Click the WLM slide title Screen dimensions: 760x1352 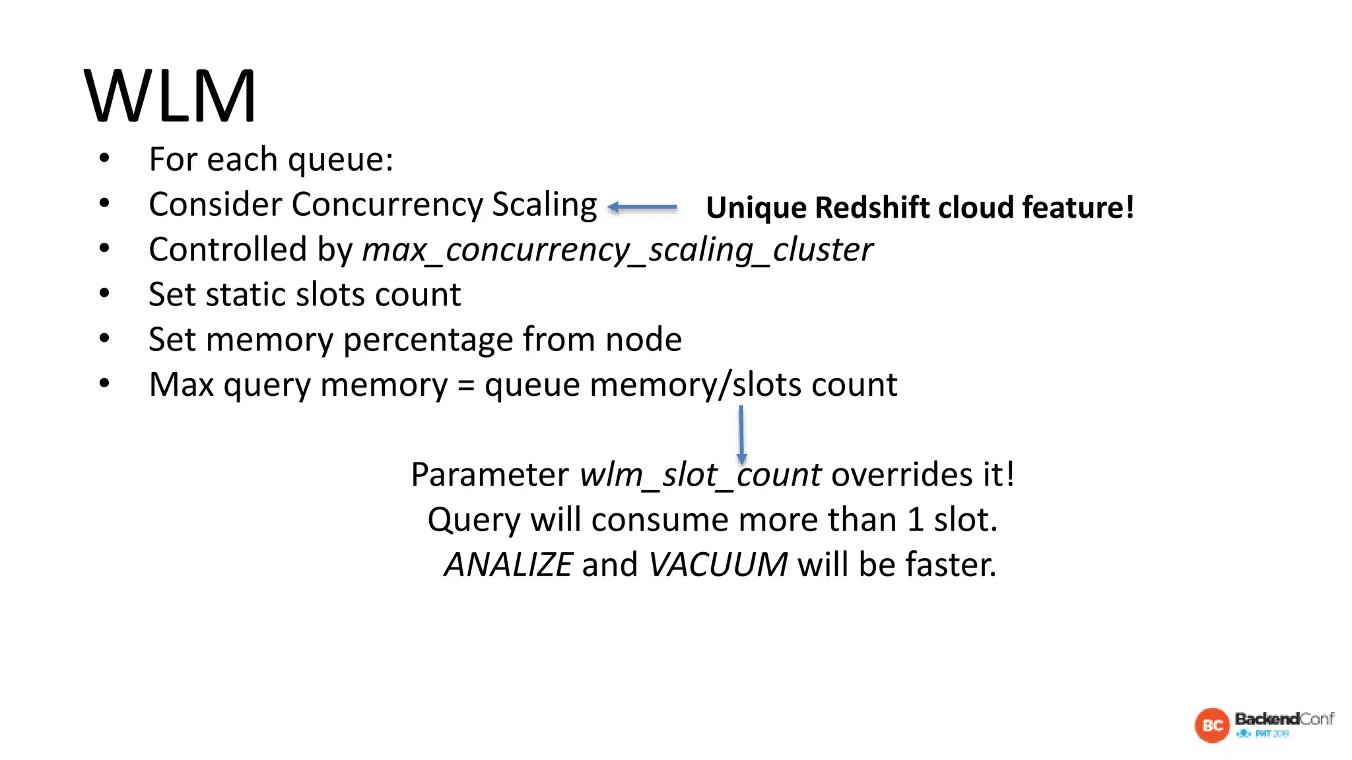170,96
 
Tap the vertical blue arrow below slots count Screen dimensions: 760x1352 741,434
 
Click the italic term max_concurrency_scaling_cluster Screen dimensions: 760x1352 617,250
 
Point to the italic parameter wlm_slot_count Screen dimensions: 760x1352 700,475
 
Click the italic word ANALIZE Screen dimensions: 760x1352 508,565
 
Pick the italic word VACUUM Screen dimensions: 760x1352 718,565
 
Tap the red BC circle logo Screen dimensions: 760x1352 1212,726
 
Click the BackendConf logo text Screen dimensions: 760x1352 1284,718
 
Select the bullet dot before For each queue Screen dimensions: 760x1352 104,158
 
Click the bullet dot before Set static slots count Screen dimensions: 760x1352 104,294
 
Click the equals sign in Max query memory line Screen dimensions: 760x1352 466,385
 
